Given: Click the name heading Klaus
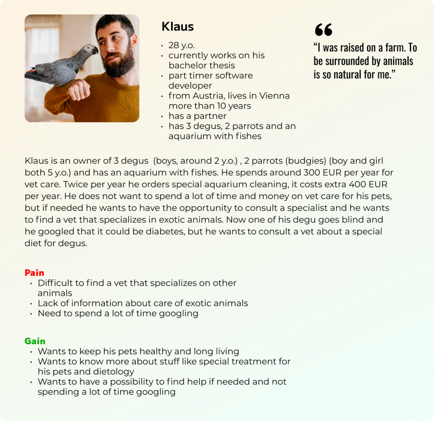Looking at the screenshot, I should click(178, 27).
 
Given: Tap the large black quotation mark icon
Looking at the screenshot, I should click(323, 30).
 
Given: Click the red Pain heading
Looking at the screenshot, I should click(34, 273).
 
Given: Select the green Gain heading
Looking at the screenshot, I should click(35, 341).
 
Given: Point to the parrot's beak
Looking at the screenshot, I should click(96, 51).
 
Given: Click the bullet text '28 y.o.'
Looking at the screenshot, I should click(181, 45).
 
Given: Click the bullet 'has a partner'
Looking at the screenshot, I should click(197, 116).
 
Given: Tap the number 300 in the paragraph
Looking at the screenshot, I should click(312, 173).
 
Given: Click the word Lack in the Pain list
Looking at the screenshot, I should click(47, 303).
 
